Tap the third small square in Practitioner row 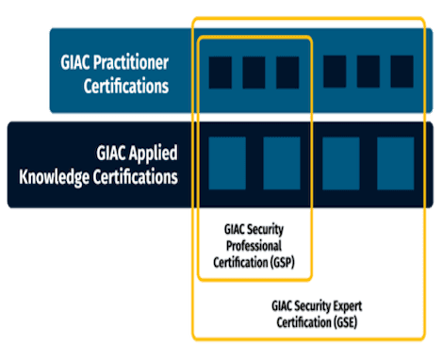tap(287, 73)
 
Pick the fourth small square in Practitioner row tap(334, 72)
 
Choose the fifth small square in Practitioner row tap(368, 72)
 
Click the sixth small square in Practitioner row tap(402, 72)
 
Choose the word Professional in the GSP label tap(254, 246)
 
